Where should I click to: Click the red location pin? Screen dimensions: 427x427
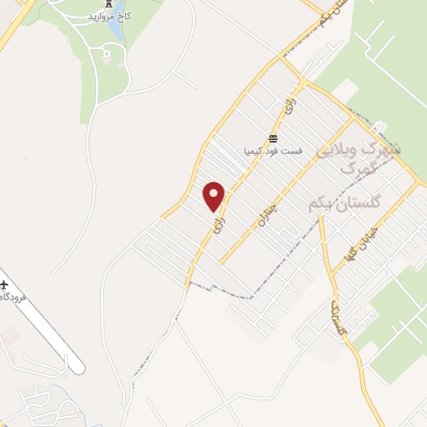coord(215,195)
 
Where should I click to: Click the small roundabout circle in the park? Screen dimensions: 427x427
coord(106,55)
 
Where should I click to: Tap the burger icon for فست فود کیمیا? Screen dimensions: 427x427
coord(272,138)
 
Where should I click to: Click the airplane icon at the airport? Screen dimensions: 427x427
coord(5,285)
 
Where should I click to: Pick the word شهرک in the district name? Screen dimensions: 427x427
coord(384,148)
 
